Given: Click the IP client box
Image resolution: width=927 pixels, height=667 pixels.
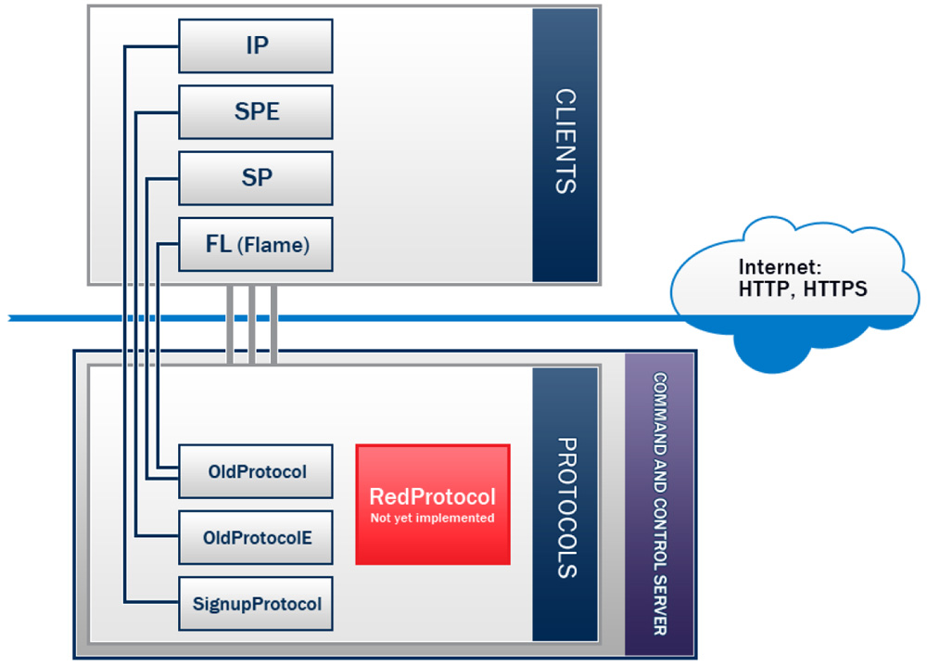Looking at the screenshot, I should coord(255,45).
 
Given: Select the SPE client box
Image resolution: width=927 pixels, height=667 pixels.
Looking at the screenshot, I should coord(255,112).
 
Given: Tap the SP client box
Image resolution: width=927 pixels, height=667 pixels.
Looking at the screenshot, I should coord(255,178).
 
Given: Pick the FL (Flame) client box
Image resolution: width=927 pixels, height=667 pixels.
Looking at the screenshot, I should coord(255,245).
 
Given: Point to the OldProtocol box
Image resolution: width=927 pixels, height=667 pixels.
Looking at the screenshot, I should coord(255,471).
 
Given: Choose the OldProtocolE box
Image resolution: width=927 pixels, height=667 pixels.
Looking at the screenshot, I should coord(255,537).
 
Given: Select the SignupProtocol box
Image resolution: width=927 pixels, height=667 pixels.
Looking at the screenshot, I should coord(255,604).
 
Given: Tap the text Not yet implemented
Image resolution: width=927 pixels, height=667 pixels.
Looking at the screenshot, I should coord(433,519).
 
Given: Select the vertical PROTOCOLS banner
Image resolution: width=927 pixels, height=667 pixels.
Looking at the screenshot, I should coord(565,507).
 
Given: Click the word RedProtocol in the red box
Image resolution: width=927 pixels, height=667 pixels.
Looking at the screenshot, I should coord(433,496).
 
